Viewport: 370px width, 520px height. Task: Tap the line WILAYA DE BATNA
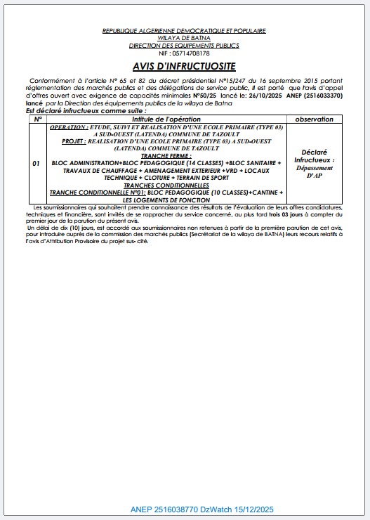184,39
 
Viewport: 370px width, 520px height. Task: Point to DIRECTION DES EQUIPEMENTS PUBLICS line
184,46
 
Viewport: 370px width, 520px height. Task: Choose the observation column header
314,119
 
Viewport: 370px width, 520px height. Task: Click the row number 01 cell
37,163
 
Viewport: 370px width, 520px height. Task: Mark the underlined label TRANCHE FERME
166,157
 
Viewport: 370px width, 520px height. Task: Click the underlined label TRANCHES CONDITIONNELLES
166,186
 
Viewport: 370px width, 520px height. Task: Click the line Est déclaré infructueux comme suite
86,111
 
